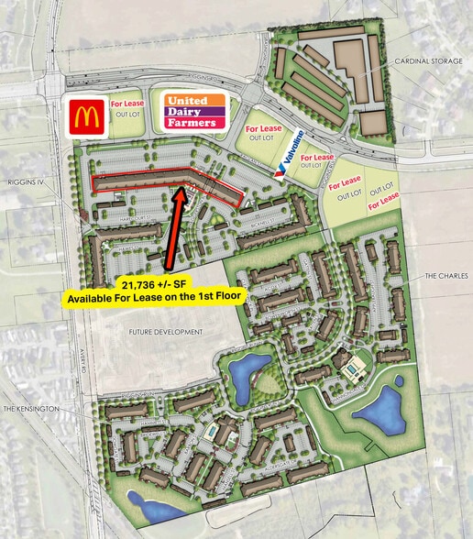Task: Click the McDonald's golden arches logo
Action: point(86,115)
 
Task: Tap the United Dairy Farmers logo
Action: point(192,112)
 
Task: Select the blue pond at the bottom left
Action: point(147,502)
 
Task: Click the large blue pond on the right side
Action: point(381,409)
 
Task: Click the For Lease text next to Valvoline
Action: point(317,158)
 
